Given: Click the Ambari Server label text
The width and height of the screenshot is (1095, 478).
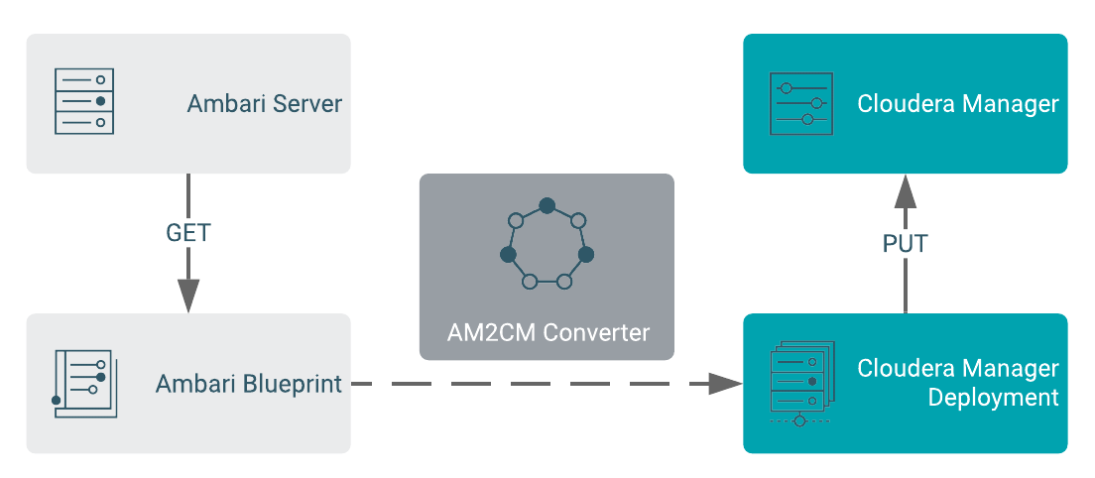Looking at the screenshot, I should click(x=264, y=104).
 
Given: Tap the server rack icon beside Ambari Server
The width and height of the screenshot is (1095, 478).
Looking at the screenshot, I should click(x=83, y=102).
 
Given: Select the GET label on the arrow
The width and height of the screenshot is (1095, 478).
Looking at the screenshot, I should click(x=188, y=233).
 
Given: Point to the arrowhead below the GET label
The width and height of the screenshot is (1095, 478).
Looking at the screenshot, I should click(x=188, y=295).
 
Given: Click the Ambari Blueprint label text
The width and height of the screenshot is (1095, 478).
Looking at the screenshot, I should click(x=248, y=384).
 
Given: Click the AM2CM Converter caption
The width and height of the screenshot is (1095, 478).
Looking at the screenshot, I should click(x=547, y=332).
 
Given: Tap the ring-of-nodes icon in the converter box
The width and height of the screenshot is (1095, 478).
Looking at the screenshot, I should click(x=547, y=246).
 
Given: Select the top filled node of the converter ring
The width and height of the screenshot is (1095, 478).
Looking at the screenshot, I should click(x=547, y=205).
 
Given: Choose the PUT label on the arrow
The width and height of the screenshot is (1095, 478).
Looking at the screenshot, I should click(x=905, y=243).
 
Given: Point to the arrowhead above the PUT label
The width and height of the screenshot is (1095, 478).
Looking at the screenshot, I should click(x=905, y=191).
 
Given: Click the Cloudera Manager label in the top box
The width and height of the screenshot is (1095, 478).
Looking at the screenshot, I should click(x=957, y=103).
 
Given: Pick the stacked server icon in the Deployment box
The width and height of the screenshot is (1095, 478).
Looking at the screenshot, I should click(x=799, y=384).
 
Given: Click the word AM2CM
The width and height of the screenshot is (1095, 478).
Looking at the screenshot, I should click(x=483, y=332).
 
